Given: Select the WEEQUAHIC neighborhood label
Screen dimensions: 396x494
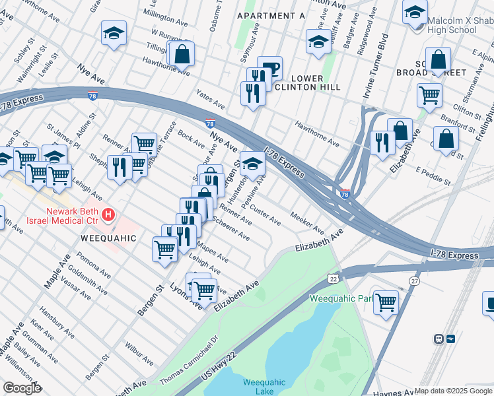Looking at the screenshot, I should pyautogui.click(x=108, y=238).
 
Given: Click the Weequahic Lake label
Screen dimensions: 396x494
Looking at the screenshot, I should pyautogui.click(x=264, y=386).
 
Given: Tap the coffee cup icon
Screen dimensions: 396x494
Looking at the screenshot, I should pyautogui.click(x=269, y=68).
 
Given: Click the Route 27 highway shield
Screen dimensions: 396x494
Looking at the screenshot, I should pyautogui.click(x=414, y=280).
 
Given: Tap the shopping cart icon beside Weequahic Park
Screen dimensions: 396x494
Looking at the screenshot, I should pyautogui.click(x=386, y=302).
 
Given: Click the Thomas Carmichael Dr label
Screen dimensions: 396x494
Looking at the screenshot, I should pyautogui.click(x=189, y=360).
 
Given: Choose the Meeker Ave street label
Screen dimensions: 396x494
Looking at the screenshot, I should pyautogui.click(x=308, y=224).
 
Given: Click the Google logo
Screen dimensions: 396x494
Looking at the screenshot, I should pyautogui.click(x=22, y=388).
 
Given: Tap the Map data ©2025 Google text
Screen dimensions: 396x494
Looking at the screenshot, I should pyautogui.click(x=453, y=391).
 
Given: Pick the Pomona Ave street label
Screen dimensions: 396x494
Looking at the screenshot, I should pyautogui.click(x=92, y=263).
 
